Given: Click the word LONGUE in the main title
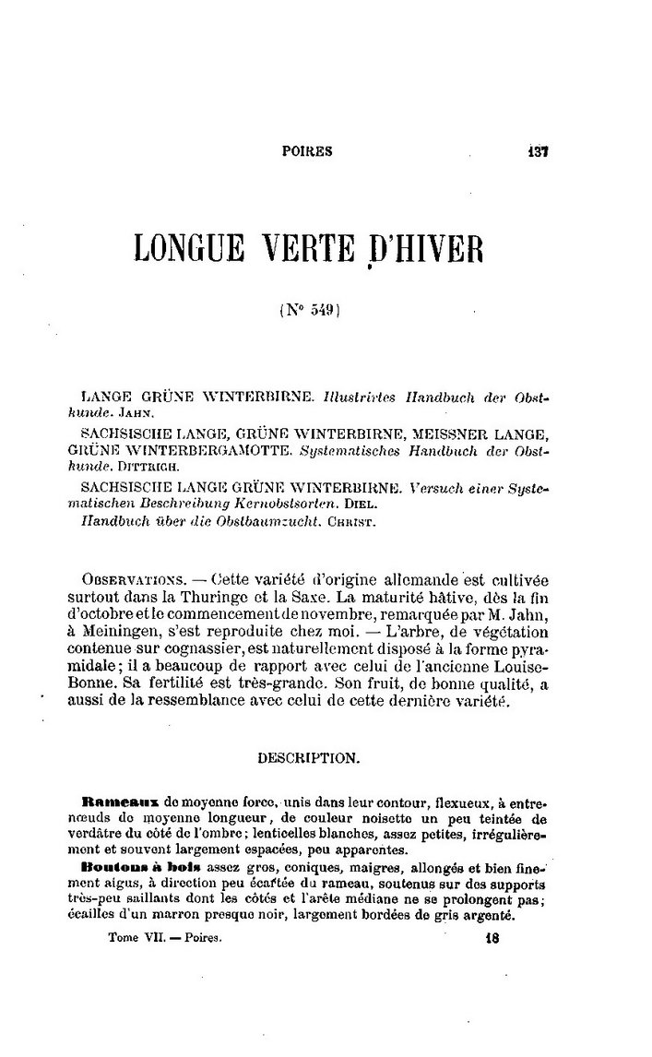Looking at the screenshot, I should [187, 248].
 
